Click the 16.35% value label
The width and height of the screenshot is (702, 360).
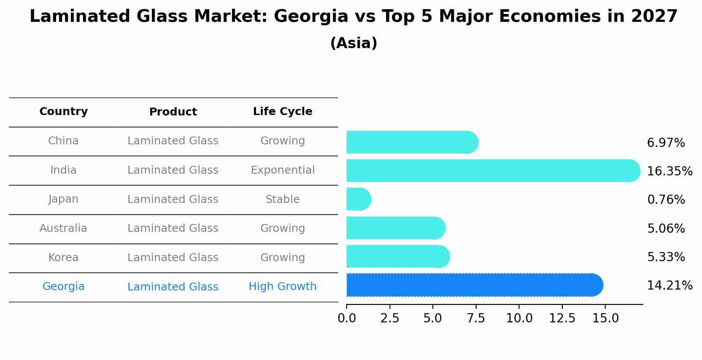click(669, 171)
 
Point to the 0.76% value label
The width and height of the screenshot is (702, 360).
click(666, 200)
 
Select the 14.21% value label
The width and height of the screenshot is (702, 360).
click(669, 286)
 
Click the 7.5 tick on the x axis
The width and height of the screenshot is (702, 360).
click(476, 318)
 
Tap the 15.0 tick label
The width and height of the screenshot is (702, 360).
click(605, 318)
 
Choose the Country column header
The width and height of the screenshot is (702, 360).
click(63, 112)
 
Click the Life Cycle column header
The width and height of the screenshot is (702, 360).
click(282, 112)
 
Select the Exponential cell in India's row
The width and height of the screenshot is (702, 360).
click(282, 170)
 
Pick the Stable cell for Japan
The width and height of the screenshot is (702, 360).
click(282, 199)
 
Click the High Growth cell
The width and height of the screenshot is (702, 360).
click(282, 287)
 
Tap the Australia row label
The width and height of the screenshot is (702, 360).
click(63, 228)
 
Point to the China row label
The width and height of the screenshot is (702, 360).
click(63, 141)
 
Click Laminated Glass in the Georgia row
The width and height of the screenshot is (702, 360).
click(173, 287)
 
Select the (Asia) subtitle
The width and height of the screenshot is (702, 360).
click(354, 43)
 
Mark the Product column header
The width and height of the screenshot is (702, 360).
click(173, 112)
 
